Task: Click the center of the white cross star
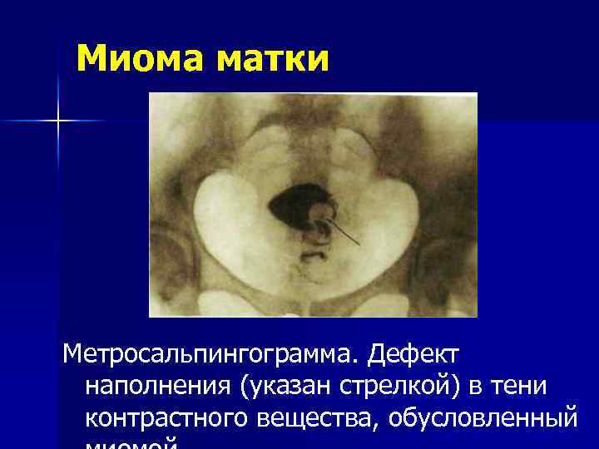click(x=59, y=121)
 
